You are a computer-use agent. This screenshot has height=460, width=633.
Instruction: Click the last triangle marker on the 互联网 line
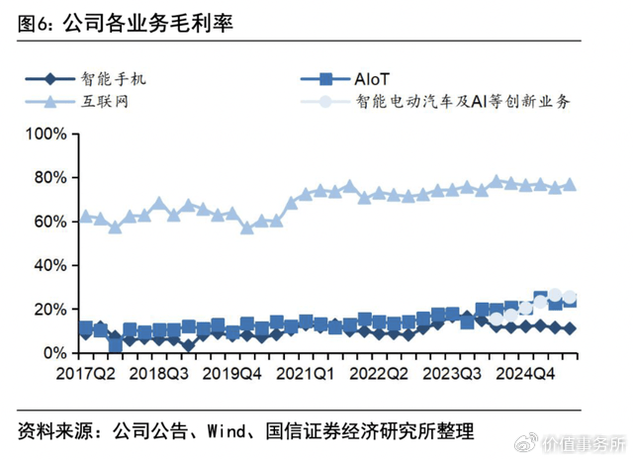pos(570,185)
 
